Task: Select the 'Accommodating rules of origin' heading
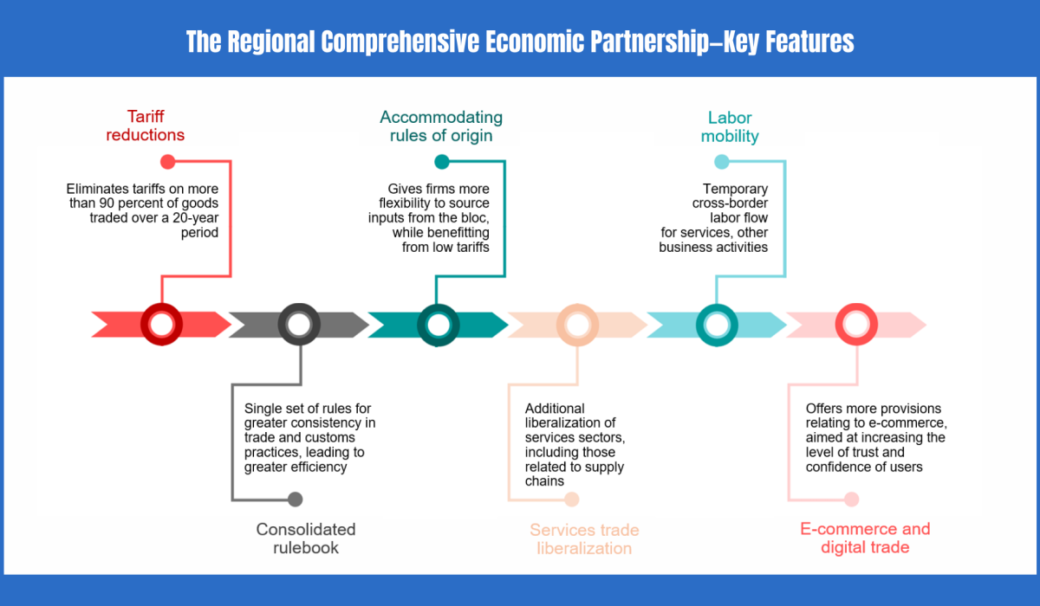[440, 126]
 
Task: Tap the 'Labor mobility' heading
[729, 126]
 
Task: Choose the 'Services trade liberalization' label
[584, 538]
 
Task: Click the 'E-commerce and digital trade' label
[864, 538]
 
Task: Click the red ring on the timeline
[161, 325]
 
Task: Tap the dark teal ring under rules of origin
[439, 325]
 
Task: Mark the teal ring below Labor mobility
[717, 325]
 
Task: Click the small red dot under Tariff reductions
[168, 161]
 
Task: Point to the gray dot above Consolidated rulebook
[296, 499]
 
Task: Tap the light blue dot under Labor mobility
[721, 161]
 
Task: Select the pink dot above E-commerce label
[851, 499]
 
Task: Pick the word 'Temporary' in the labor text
[735, 189]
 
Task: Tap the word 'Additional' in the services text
[555, 409]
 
